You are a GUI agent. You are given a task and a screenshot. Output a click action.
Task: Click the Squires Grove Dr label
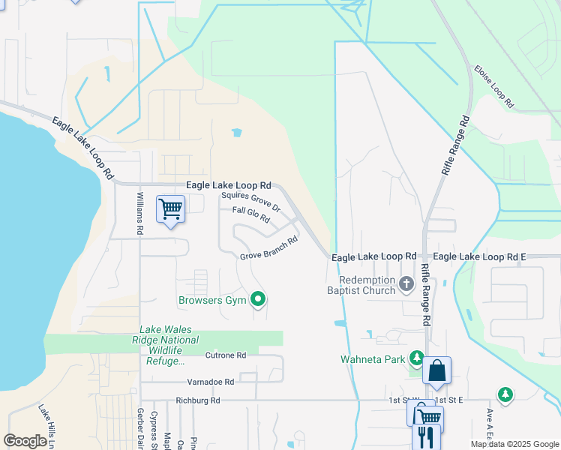[x=250, y=202]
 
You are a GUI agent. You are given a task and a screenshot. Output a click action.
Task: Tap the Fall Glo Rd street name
[x=250, y=214]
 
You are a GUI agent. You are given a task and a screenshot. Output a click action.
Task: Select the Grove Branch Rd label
[x=269, y=248]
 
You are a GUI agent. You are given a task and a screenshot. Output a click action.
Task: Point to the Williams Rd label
[x=139, y=214]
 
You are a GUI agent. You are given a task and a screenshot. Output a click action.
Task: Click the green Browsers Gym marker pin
[x=259, y=300]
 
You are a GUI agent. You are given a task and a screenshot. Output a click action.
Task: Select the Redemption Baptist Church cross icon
[x=406, y=283]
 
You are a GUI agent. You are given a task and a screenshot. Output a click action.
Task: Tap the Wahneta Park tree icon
[x=415, y=357]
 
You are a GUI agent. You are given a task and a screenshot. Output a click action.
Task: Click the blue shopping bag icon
[x=436, y=370]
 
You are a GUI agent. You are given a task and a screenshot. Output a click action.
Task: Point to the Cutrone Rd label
[x=226, y=355]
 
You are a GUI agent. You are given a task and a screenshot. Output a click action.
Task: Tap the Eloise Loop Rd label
[x=493, y=85]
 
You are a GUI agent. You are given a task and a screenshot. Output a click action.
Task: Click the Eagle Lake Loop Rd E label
[x=480, y=256]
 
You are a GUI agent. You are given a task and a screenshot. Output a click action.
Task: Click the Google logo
[x=25, y=441]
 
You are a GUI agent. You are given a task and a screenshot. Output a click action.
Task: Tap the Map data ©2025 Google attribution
[x=514, y=444]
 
